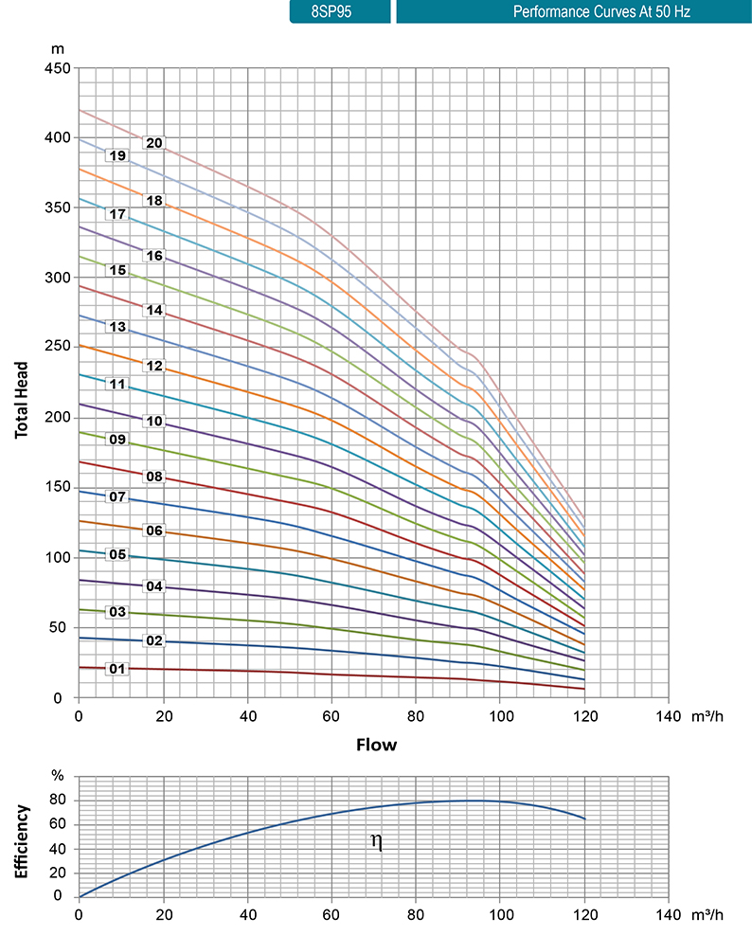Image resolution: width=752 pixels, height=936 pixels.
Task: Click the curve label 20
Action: click(154, 143)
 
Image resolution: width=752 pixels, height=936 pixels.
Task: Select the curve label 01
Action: click(117, 669)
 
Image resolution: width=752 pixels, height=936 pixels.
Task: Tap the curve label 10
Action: click(154, 421)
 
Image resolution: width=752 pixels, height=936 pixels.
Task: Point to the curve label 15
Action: click(117, 270)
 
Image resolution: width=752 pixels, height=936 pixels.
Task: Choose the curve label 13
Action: click(117, 327)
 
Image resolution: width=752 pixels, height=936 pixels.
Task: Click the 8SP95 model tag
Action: click(340, 12)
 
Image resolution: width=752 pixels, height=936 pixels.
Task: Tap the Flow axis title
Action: click(376, 745)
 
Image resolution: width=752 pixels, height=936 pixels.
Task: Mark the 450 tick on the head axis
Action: click(58, 68)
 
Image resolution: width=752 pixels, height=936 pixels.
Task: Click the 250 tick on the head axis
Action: click(58, 348)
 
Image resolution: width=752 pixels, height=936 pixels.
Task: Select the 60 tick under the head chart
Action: click(331, 717)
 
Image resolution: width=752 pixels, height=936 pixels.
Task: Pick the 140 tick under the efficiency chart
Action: click(669, 915)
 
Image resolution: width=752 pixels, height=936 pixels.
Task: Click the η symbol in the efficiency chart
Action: click(376, 841)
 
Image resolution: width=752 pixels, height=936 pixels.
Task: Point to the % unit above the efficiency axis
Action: click(58, 776)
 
